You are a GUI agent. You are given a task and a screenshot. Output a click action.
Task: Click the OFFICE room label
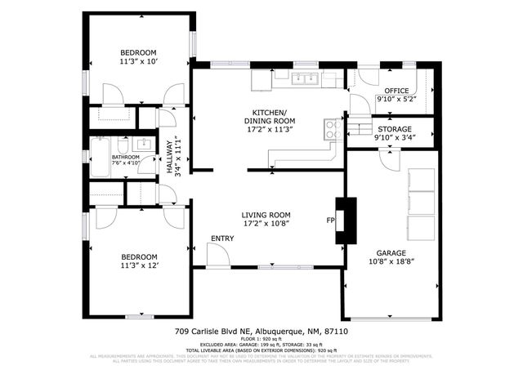point(396,90)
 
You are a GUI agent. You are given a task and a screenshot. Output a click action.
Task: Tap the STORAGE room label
point(395,129)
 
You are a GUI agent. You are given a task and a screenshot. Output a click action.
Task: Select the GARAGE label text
point(391,252)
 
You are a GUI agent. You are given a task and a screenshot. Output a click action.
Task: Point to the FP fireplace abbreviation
point(331,221)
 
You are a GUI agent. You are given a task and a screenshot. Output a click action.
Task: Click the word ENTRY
point(221,238)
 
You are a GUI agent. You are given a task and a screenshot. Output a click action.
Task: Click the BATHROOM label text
point(126,157)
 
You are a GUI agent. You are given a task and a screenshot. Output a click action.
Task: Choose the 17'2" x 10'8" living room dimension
point(266,223)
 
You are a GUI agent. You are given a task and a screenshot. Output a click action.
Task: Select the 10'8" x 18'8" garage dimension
point(391,262)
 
